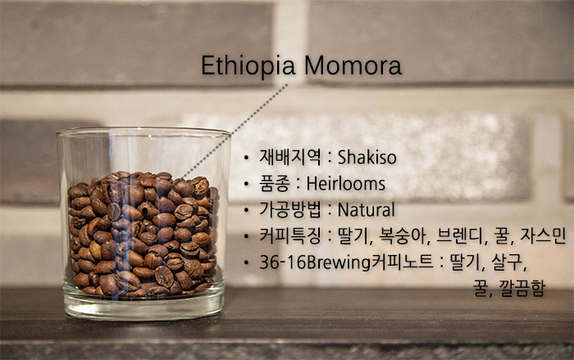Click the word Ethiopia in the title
[x=248, y=66]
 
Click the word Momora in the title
[x=353, y=66]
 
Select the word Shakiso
[x=367, y=157]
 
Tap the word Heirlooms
[x=345, y=184]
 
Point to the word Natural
[x=366, y=210]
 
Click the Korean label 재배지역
[x=290, y=157]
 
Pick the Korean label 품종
[x=275, y=184]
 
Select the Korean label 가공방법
[x=290, y=210]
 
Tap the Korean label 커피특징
[x=290, y=236]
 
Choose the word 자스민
[x=543, y=236]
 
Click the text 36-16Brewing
[x=315, y=262]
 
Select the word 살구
[x=508, y=262]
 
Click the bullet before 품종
[x=246, y=184]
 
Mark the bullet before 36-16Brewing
[x=246, y=262]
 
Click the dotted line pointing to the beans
[x=235, y=131]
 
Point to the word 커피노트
[x=403, y=262]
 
